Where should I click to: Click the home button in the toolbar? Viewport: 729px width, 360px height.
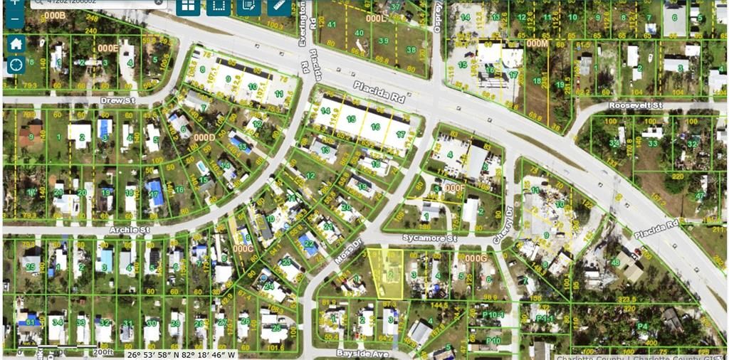click(x=16, y=43)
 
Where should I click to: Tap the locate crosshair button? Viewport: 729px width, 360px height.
click(x=16, y=65)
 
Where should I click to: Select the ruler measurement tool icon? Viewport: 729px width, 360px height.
click(x=278, y=6)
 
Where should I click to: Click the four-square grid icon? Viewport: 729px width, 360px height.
click(x=188, y=6)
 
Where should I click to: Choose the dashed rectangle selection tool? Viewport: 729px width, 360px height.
click(x=218, y=6)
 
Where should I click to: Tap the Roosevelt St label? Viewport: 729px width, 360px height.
click(x=635, y=105)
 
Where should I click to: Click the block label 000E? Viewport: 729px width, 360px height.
click(x=108, y=48)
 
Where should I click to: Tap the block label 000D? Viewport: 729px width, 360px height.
click(x=204, y=137)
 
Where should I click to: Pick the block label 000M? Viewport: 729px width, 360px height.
click(x=537, y=43)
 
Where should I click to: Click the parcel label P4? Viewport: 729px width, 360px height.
click(x=642, y=327)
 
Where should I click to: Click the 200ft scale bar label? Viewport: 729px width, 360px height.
click(x=103, y=351)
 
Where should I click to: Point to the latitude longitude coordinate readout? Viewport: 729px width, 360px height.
click(x=181, y=354)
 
